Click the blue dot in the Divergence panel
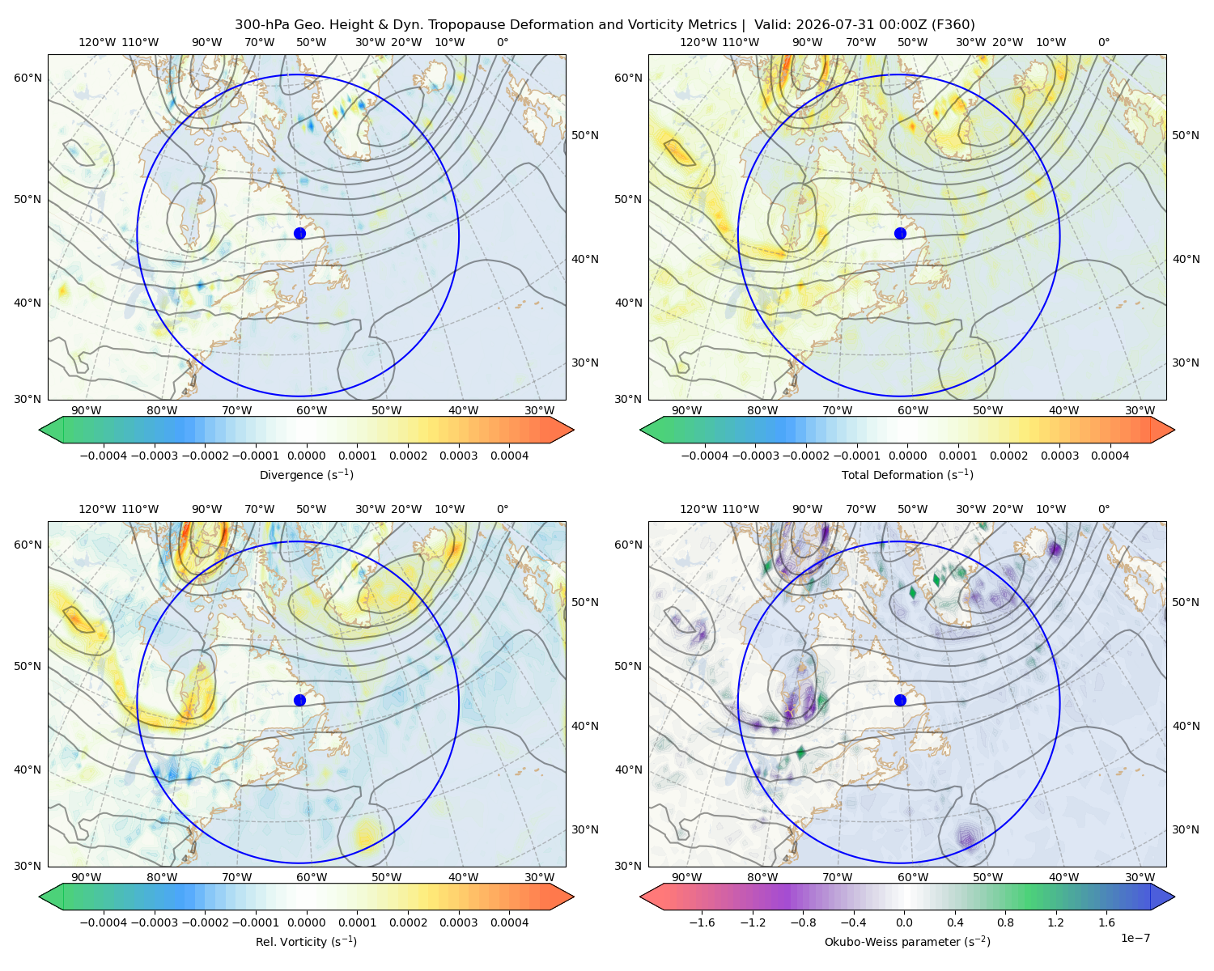click(x=299, y=233)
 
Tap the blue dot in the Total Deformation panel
click(x=900, y=233)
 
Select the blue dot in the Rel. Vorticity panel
click(x=299, y=700)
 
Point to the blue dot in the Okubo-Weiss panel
click(x=900, y=700)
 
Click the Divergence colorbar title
click(x=306, y=474)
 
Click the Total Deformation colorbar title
click(x=907, y=474)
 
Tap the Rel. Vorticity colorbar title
click(x=306, y=941)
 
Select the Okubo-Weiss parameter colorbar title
click(x=907, y=941)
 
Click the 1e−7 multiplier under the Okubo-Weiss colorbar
click(x=1135, y=938)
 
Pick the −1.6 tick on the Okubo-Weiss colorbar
click(x=702, y=922)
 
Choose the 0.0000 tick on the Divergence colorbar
click(x=306, y=456)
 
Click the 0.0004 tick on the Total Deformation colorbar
click(x=1110, y=456)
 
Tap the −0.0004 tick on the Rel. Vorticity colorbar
click(x=104, y=922)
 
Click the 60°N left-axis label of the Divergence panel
click(x=28, y=78)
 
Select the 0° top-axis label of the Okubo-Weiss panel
click(x=1103, y=509)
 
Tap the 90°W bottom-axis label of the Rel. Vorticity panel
click(x=87, y=877)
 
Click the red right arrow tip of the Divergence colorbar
click(x=573, y=430)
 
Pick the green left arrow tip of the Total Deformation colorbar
click(x=641, y=430)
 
